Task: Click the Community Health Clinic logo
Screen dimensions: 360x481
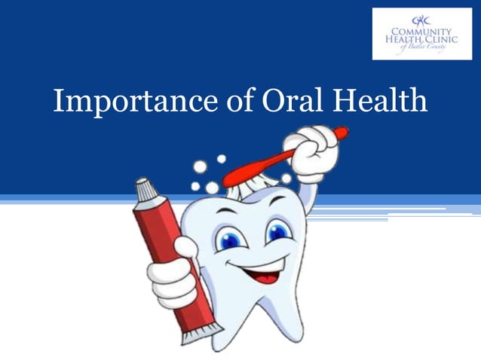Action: point(421,34)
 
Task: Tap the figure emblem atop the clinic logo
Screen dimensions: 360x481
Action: point(421,19)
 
